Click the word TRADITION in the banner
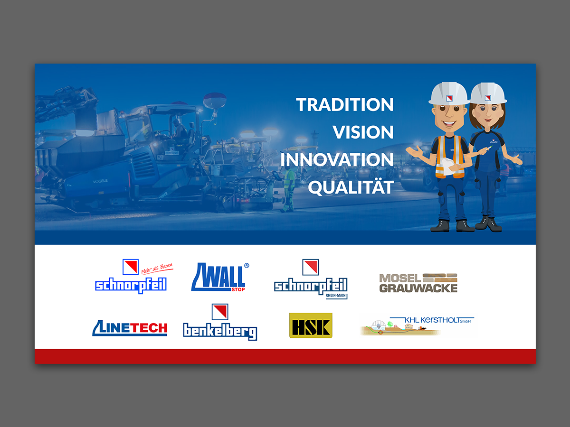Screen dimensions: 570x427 [x=344, y=105]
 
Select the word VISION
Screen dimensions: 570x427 [x=363, y=132]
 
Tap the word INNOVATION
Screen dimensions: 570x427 [x=337, y=160]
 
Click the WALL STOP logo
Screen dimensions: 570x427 [x=220, y=277]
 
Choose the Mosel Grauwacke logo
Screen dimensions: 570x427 [x=418, y=283]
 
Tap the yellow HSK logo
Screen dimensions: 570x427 [x=311, y=325]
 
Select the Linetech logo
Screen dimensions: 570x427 [x=130, y=328]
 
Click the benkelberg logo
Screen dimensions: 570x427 [x=220, y=322]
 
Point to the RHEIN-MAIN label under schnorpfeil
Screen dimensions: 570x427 [x=335, y=295]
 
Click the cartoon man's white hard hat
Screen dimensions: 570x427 [x=449, y=93]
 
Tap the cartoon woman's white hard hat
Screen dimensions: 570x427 [x=488, y=93]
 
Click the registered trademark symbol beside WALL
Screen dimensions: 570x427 [x=247, y=266]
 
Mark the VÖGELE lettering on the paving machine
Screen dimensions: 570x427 [x=100, y=181]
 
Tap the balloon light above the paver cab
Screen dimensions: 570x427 [x=215, y=100]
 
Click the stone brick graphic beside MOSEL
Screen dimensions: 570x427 [x=440, y=278]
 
